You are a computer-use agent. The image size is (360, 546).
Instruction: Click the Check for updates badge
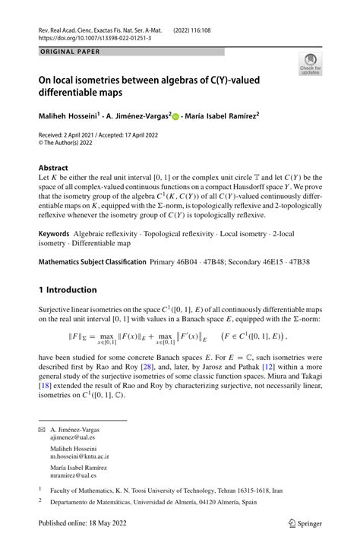310,65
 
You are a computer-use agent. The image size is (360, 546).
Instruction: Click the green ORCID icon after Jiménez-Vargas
175,118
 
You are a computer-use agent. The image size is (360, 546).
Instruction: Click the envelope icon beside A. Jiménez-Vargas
43,430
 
